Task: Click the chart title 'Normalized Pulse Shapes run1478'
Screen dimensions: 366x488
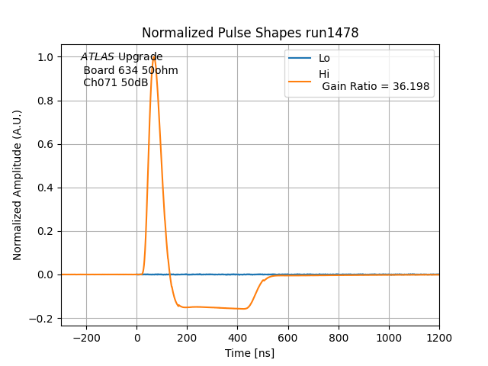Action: (x=250, y=33)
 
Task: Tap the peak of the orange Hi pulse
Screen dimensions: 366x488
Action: (x=154, y=56)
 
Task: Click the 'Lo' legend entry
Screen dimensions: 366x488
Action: (x=324, y=58)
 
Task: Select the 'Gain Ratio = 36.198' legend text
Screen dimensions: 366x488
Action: (x=375, y=86)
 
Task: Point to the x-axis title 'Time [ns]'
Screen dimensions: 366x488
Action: (x=249, y=353)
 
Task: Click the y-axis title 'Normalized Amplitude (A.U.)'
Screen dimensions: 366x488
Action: (x=18, y=185)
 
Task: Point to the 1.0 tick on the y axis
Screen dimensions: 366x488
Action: (x=46, y=57)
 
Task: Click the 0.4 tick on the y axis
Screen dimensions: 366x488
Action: (x=46, y=188)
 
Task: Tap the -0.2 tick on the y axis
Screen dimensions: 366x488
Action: (x=43, y=318)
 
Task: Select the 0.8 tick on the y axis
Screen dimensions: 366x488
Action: (x=46, y=101)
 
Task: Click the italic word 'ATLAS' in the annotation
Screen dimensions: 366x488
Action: (x=98, y=57)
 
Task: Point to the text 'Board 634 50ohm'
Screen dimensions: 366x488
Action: (x=130, y=70)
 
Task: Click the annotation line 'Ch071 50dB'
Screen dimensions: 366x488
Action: (x=115, y=82)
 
